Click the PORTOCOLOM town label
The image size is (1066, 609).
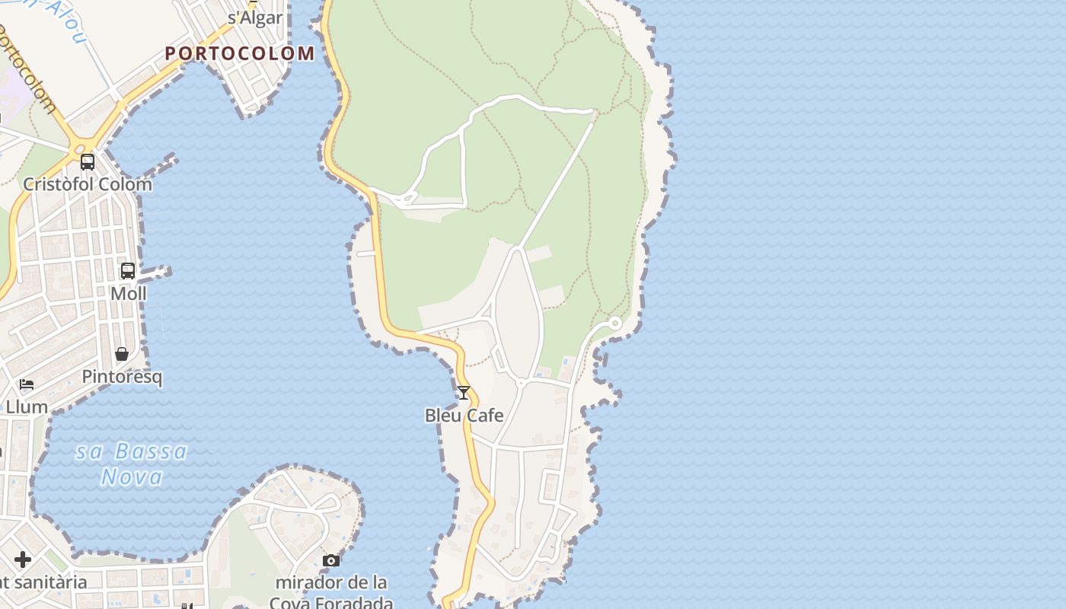point(239,53)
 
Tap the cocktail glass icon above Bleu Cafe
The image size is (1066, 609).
point(463,393)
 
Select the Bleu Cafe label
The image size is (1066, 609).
point(464,416)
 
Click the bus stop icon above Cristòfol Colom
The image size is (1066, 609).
point(88,161)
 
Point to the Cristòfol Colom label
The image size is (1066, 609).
point(87,184)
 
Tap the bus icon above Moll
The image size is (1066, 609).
point(128,270)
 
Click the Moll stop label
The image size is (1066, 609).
point(128,294)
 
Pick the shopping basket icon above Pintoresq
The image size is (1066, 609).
point(122,354)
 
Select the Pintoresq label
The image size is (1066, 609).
point(122,377)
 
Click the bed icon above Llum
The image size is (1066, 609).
point(27,384)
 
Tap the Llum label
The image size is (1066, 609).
point(27,407)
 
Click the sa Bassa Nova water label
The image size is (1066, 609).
point(132,464)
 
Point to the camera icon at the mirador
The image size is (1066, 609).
point(331,560)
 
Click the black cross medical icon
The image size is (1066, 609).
point(23,560)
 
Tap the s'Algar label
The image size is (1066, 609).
point(255,18)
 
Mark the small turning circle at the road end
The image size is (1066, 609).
point(615,324)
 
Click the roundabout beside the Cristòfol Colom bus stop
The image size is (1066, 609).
point(81,144)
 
